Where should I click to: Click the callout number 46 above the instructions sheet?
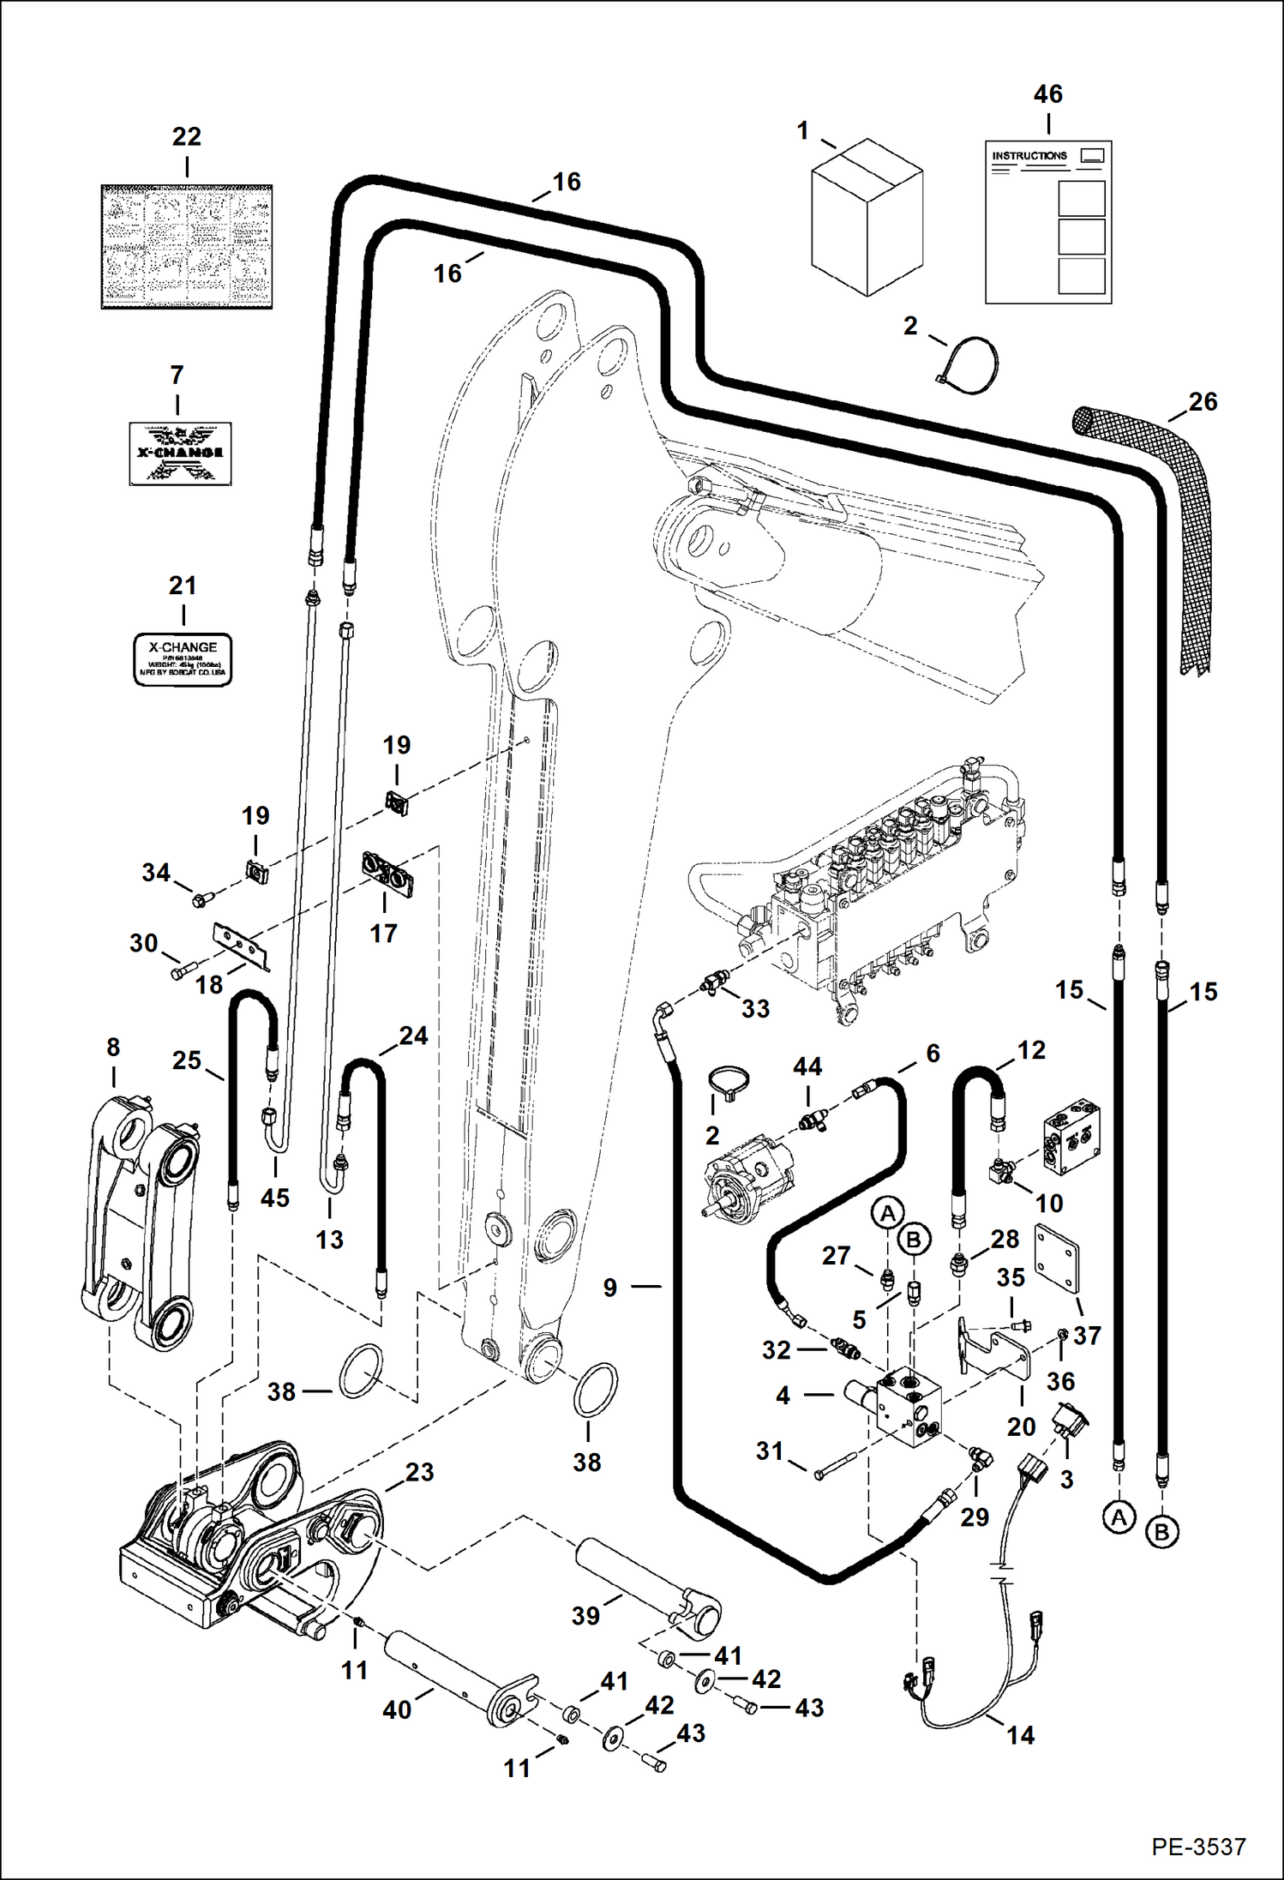(1047, 94)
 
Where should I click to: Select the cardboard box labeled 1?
(867, 218)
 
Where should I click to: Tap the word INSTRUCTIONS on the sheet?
(1029, 156)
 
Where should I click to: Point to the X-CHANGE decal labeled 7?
(181, 453)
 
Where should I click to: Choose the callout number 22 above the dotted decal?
(186, 137)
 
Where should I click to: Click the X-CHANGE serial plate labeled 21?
(183, 659)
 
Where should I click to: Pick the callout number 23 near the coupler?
(419, 1472)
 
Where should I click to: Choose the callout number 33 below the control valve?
(755, 1009)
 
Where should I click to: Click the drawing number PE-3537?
(1197, 1847)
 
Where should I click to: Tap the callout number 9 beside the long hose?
(609, 1288)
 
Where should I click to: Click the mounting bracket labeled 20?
(994, 1346)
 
